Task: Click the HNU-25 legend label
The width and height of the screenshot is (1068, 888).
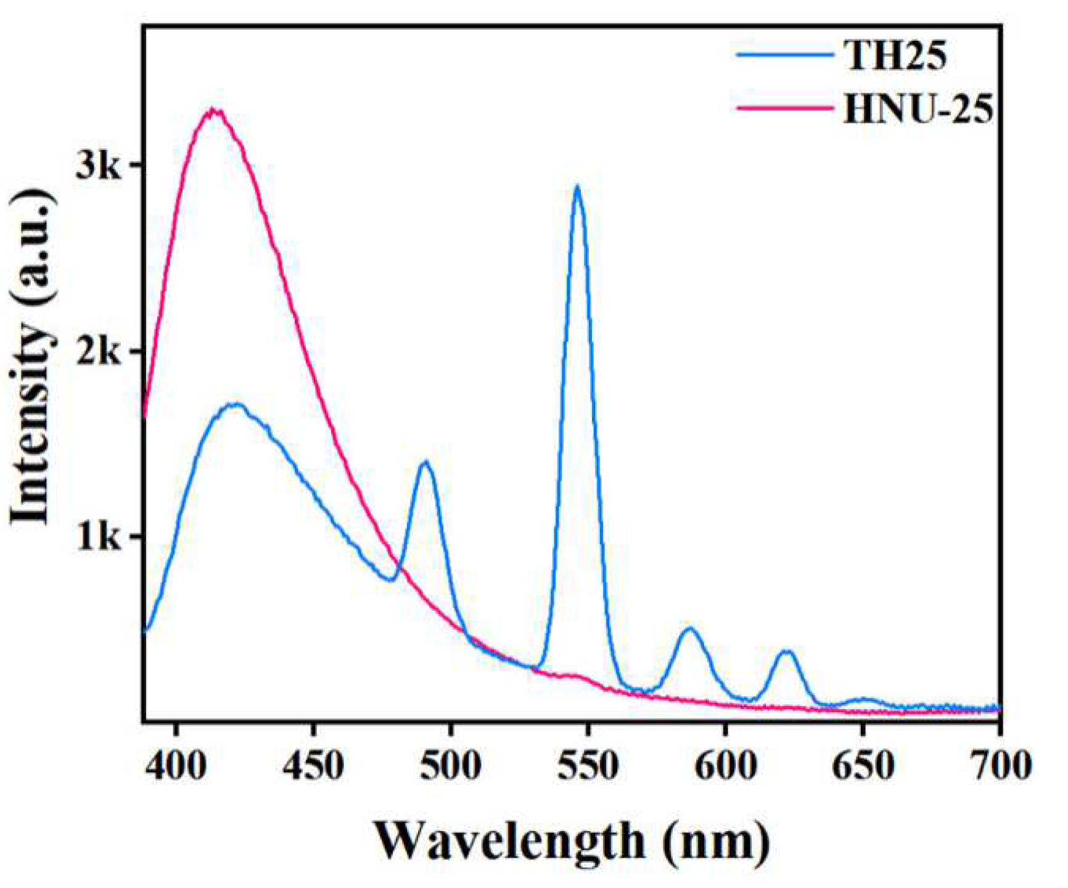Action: point(918,110)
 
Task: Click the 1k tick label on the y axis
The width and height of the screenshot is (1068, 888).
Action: point(98,537)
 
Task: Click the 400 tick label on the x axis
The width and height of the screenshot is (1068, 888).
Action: point(177,766)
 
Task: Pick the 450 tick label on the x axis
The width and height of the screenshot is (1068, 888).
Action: point(314,766)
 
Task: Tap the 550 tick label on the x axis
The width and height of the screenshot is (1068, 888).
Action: point(588,766)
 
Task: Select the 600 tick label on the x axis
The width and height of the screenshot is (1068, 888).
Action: point(725,766)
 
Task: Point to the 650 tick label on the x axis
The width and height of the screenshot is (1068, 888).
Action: point(863,766)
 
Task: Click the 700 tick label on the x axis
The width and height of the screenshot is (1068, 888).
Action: point(1001,766)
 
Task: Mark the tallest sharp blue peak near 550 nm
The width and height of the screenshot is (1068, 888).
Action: point(577,187)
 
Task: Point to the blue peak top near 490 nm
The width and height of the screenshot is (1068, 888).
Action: point(425,462)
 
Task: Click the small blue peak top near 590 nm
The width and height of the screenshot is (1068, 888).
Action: point(690,629)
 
